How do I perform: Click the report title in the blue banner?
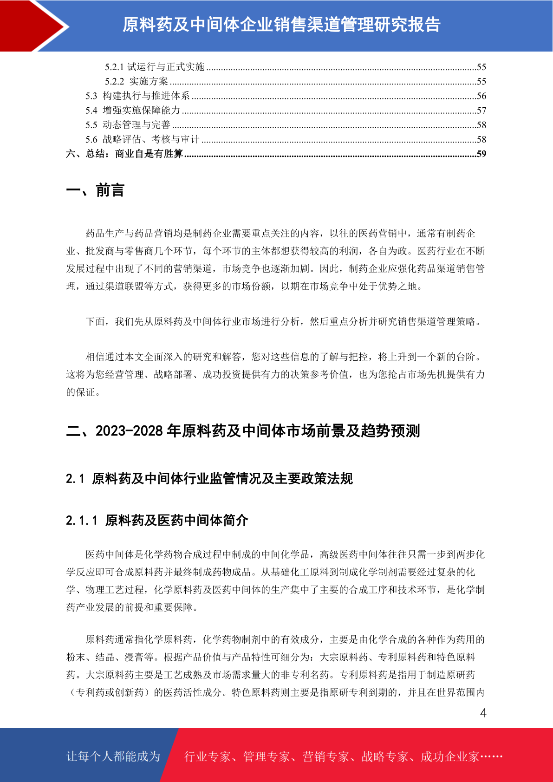click(281, 25)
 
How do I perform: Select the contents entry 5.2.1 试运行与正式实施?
click(155, 67)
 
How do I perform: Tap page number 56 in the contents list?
click(481, 96)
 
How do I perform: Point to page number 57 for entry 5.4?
click(481, 111)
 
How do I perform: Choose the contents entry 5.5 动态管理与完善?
click(128, 125)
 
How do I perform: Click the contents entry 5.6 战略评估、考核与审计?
click(142, 139)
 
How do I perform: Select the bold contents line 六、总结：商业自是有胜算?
click(124, 154)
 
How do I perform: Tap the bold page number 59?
click(481, 154)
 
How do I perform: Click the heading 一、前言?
click(95, 190)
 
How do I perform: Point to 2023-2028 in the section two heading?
click(129, 431)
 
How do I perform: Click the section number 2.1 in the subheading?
click(75, 479)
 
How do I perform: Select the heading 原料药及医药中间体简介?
click(176, 520)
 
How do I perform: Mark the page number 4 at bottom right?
click(483, 713)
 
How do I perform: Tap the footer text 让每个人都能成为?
click(113, 756)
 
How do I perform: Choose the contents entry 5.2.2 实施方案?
click(137, 81)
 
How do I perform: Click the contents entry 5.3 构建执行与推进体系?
click(137, 96)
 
